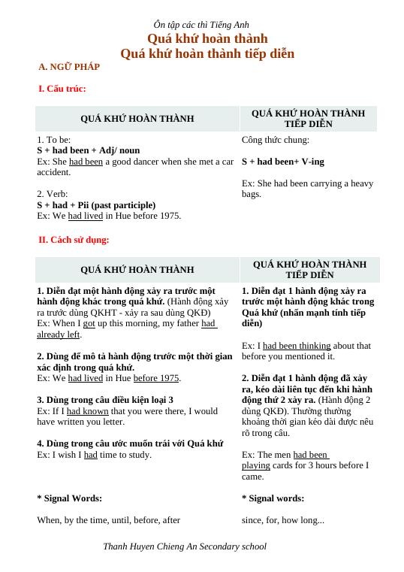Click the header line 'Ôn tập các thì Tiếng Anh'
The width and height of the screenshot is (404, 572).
[x=201, y=25]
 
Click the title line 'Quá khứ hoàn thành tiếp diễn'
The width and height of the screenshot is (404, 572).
[x=207, y=53]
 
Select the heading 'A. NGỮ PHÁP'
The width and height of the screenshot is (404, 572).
[x=69, y=67]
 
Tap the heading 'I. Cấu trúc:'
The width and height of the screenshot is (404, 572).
[x=62, y=89]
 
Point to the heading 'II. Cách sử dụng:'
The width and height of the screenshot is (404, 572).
[x=74, y=240]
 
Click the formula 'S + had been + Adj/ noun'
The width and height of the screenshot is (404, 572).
[x=88, y=150]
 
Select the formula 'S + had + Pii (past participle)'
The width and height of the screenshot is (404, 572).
[x=96, y=204]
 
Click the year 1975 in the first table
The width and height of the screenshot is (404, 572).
[x=169, y=216]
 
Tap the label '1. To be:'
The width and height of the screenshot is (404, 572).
[x=54, y=140]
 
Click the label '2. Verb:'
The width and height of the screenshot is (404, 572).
[x=53, y=194]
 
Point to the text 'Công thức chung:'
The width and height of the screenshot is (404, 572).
[x=276, y=140]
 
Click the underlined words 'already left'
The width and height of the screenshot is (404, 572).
[x=59, y=334]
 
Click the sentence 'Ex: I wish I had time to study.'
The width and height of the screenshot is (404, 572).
[x=94, y=455]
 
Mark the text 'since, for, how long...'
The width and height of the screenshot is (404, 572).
[x=283, y=519]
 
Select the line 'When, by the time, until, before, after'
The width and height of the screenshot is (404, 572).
[x=108, y=519]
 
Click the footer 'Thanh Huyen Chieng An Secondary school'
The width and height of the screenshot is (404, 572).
[x=185, y=546]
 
